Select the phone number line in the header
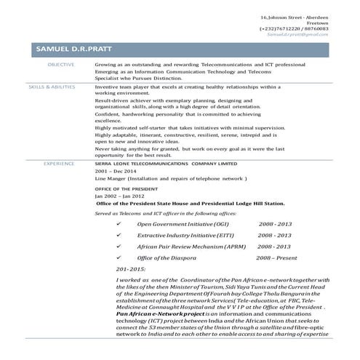pyautogui.click(x=299, y=28)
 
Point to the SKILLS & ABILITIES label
pyautogui.click(x=52, y=86)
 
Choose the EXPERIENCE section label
pyautogui.click(x=59, y=164)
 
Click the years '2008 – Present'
pyautogui.click(x=276, y=258)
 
